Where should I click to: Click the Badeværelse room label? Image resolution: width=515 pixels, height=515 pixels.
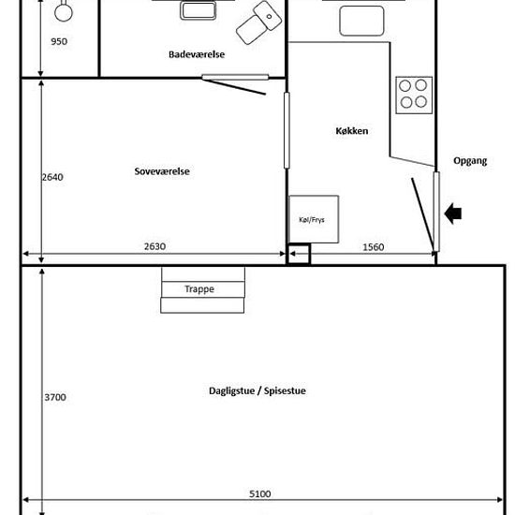(197, 54)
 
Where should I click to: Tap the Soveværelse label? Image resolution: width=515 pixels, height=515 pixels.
(162, 171)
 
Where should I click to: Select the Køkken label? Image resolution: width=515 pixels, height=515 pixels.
(352, 131)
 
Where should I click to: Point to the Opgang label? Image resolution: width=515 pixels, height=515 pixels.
(470, 161)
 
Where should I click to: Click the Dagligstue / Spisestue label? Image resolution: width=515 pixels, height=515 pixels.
(257, 390)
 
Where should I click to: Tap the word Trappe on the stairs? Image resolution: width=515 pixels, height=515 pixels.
(199, 289)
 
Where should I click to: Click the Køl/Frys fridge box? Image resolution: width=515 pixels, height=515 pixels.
(314, 219)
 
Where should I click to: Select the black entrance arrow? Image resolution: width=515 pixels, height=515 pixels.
(453, 213)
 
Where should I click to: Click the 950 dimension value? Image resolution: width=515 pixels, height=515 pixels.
(59, 41)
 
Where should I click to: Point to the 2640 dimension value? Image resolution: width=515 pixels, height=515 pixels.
(52, 177)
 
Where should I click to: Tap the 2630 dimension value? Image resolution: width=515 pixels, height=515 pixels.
(154, 246)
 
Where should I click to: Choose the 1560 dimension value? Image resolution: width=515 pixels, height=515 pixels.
(373, 247)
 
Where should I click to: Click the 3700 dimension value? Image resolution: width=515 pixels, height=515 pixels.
(55, 397)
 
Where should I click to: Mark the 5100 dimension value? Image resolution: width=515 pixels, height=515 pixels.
(259, 494)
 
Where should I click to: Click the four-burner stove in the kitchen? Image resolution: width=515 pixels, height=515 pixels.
(414, 96)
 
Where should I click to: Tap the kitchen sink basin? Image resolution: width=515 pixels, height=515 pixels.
(361, 21)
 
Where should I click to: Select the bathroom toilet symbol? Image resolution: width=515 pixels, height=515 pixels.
(258, 22)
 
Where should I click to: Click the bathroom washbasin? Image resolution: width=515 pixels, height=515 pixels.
(199, 10)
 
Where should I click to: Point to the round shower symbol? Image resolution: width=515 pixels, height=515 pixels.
(64, 12)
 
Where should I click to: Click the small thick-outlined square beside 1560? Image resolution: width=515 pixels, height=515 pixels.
(299, 254)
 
